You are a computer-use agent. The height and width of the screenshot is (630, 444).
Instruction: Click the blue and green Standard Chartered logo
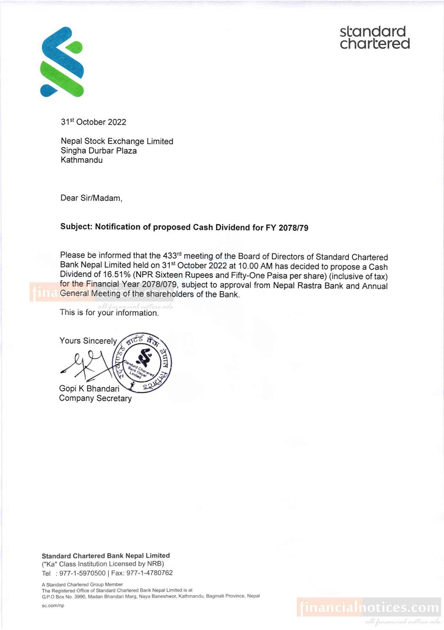click(x=62, y=62)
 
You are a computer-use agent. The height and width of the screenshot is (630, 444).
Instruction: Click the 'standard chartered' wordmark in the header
click(x=375, y=38)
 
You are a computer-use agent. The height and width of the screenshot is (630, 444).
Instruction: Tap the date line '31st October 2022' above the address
click(x=94, y=122)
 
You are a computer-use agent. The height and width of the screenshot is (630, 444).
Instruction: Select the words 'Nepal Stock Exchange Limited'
click(x=117, y=141)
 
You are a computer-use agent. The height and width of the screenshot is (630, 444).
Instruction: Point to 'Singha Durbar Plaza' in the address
click(x=99, y=151)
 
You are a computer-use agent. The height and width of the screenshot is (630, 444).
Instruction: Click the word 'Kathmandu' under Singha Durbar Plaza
click(x=82, y=160)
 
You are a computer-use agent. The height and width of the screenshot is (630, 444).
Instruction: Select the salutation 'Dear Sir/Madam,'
click(x=91, y=198)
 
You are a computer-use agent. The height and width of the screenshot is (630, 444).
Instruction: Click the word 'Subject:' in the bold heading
click(x=77, y=227)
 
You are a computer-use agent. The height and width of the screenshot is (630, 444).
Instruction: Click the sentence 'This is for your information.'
click(x=109, y=313)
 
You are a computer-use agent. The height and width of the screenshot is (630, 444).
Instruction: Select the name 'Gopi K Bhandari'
click(x=89, y=388)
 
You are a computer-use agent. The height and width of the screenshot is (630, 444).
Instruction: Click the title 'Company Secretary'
click(x=95, y=398)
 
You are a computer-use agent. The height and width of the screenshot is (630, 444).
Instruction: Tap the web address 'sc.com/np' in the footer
click(x=53, y=605)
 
